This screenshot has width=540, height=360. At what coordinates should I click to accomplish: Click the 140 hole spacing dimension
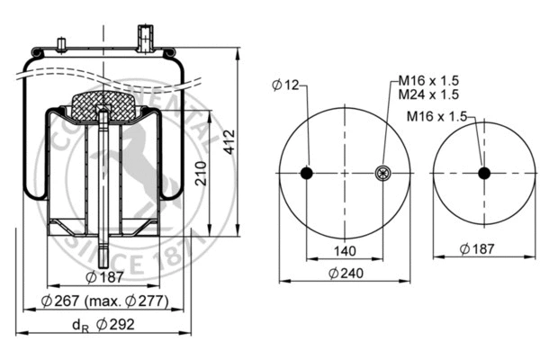point(345,250)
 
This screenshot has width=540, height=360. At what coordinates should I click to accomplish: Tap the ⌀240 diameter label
point(345,274)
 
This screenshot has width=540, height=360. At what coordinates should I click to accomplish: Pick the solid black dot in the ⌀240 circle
point(306,174)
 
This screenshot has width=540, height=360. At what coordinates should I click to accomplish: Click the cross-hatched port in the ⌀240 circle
point(382,174)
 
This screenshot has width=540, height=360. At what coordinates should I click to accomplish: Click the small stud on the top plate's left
point(62,45)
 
